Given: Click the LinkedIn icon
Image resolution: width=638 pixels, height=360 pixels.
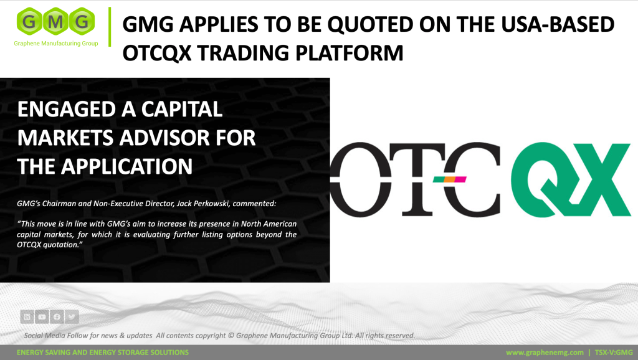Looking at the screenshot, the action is pyautogui.click(x=27, y=316).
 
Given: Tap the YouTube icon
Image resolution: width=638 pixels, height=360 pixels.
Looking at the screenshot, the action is pyautogui.click(x=42, y=316).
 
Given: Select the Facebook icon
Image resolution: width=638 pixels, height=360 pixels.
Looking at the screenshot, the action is pyautogui.click(x=57, y=316).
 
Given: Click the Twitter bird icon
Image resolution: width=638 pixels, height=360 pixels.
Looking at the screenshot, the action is pyautogui.click(x=72, y=316).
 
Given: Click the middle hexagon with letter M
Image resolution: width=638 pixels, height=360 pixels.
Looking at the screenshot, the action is pyautogui.click(x=55, y=21).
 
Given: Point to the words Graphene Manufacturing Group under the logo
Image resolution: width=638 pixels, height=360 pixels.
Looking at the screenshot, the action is pyautogui.click(x=56, y=44).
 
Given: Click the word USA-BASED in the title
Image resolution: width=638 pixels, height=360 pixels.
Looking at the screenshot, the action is pyautogui.click(x=558, y=24).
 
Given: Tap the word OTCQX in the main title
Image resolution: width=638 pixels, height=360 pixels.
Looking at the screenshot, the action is pyautogui.click(x=157, y=54).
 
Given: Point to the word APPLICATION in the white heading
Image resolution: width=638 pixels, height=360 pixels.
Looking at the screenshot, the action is pyautogui.click(x=126, y=166).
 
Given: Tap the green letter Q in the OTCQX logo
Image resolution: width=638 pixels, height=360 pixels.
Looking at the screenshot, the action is pyautogui.click(x=539, y=179).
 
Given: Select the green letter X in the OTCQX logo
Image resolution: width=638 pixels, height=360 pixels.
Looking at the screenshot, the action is pyautogui.click(x=599, y=179).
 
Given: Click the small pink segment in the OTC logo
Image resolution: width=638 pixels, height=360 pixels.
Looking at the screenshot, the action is pyautogui.click(x=460, y=179).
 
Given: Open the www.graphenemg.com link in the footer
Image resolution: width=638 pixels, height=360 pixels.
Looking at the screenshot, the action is pyautogui.click(x=545, y=353).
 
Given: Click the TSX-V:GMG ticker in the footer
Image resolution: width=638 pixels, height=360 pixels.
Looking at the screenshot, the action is pyautogui.click(x=614, y=353).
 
